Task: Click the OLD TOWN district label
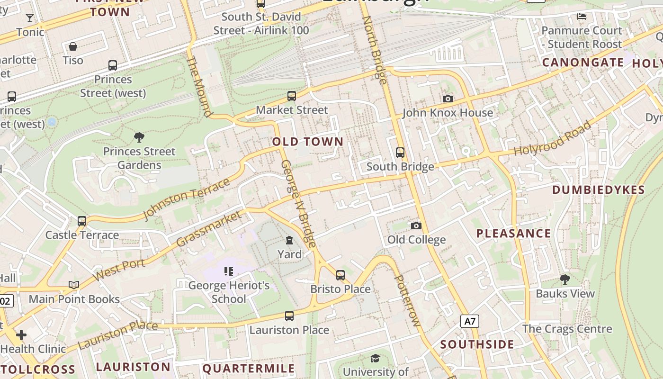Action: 308,142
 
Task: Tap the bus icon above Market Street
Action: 292,96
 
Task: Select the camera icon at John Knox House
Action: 448,99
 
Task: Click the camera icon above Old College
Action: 416,226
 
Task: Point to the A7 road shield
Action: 469,321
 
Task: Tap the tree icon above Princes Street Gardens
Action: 139,137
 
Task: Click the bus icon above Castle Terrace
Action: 82,221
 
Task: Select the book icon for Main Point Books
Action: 74,285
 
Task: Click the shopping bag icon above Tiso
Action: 73,46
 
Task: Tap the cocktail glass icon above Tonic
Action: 30,18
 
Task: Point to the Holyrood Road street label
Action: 553,138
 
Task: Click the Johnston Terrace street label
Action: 186,198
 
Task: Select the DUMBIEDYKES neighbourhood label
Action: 599,190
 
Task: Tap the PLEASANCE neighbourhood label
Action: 513,233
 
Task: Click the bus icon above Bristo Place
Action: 340,275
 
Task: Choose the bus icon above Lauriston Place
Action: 289,316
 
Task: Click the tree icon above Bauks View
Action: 564,279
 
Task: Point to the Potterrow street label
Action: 407,300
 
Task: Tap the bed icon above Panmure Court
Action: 582,17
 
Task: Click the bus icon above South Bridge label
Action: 400,152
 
